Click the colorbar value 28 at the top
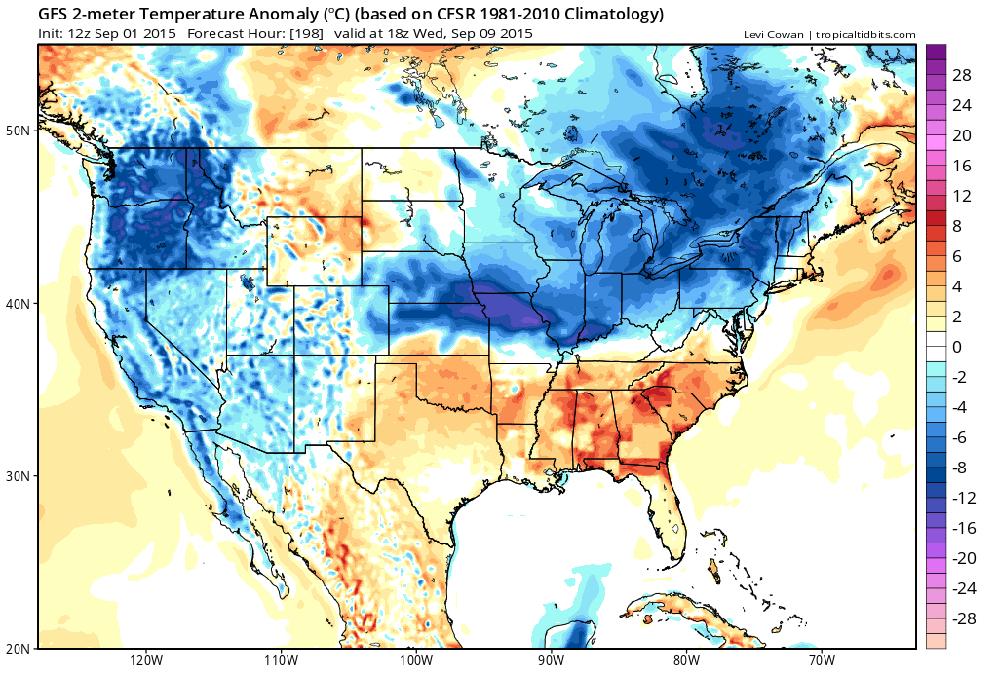pos(962,75)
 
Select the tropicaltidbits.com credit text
pos(864,35)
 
